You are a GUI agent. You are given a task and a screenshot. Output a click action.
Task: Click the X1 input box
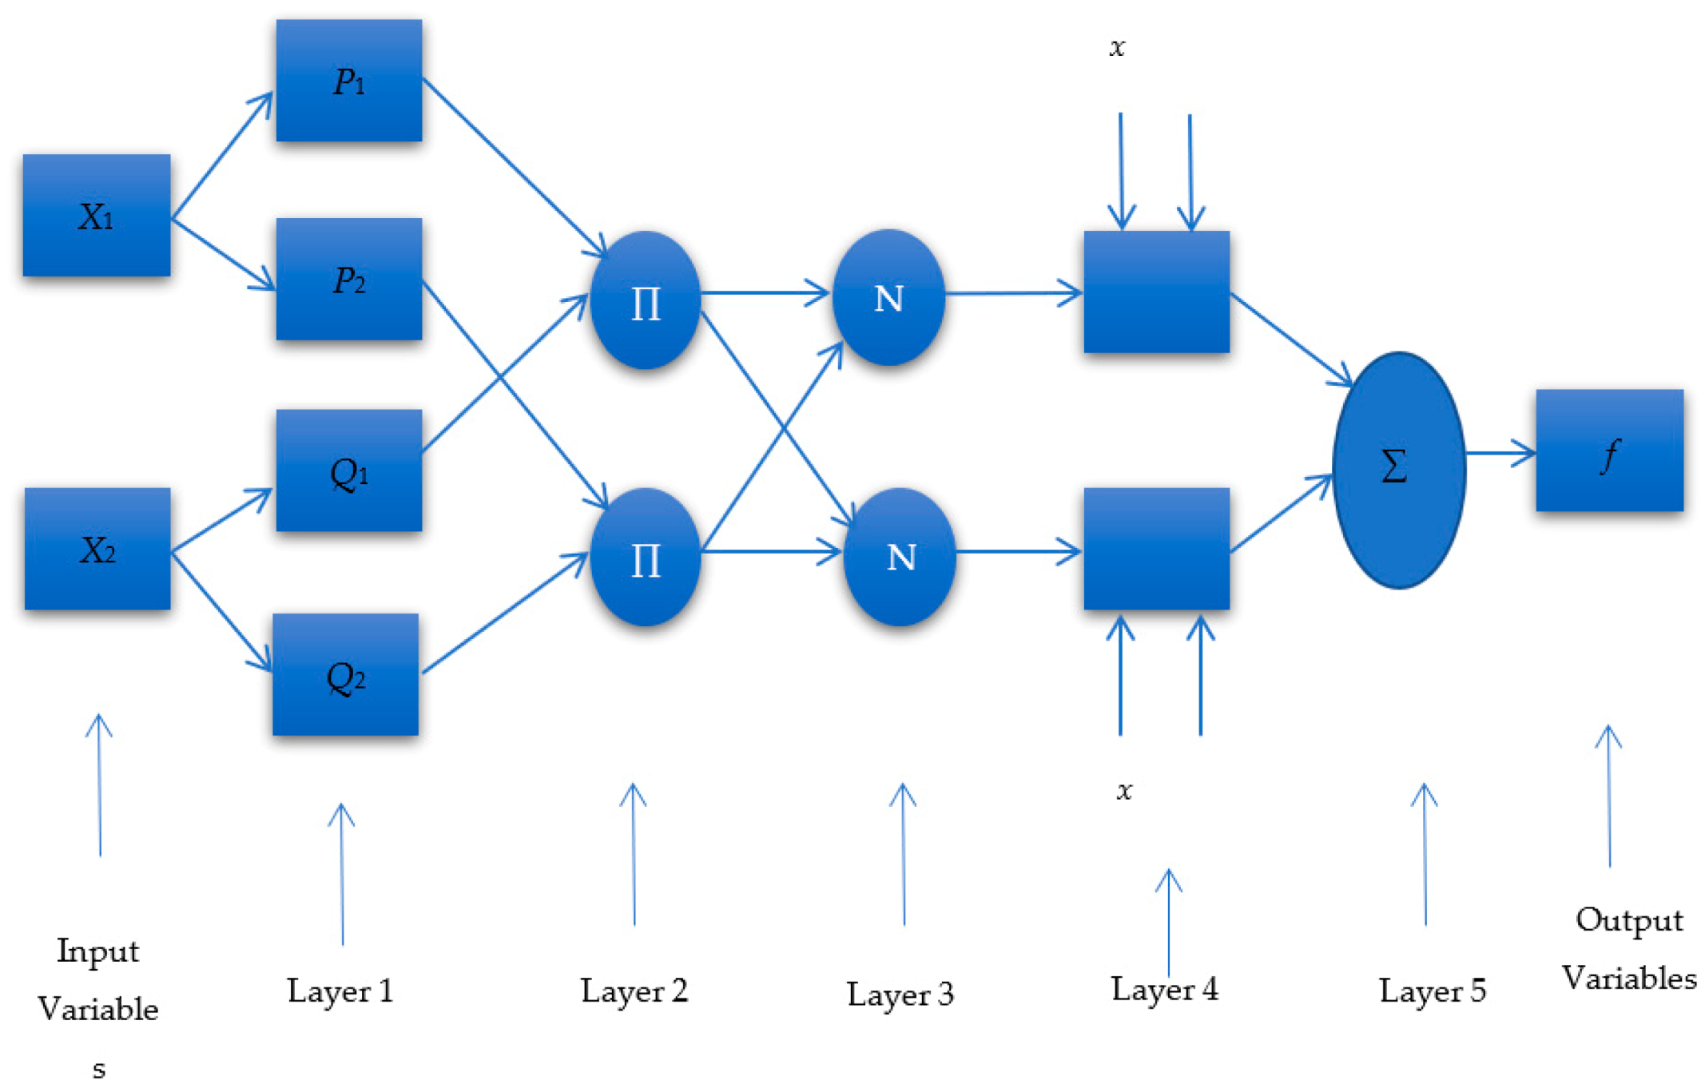pos(96,216)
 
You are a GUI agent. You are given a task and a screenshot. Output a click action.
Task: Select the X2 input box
pos(97,549)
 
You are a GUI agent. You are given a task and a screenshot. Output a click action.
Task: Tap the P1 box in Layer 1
pos(348,81)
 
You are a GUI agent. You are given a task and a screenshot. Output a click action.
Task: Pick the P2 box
pos(348,279)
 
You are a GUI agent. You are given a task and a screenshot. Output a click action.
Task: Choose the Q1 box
pos(348,471)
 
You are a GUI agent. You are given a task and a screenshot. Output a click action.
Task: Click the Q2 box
pos(345,674)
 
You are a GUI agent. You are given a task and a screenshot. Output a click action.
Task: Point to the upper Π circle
pos(645,300)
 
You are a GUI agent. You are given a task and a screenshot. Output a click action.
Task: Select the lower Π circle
pos(645,557)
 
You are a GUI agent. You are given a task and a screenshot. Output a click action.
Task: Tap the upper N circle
pos(888,298)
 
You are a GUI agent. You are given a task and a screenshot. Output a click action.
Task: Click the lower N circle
pos(900,556)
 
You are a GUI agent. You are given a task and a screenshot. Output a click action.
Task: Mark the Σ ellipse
pos(1398,470)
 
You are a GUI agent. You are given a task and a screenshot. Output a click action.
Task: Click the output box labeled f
pos(1608,451)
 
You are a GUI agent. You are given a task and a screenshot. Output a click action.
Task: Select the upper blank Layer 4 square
pos(1156,292)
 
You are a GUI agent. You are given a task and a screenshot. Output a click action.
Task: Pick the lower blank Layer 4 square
pos(1156,549)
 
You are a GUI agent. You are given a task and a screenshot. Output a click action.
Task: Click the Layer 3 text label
pos(900,995)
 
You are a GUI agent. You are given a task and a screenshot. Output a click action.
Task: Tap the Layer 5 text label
pos(1432,991)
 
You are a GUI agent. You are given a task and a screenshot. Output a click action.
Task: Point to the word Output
pos(1628,920)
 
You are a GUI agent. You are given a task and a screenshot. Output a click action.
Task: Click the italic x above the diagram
pos(1117,47)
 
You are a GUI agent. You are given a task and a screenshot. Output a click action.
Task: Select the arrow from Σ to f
pos(1500,453)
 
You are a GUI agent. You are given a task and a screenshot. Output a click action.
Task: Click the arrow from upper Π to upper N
pos(765,293)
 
